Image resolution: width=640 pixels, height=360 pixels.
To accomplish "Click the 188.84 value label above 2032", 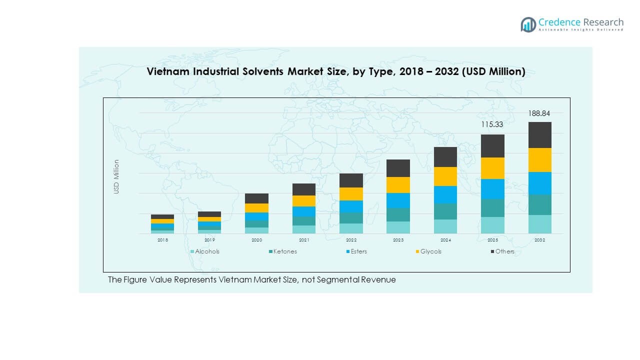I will [539, 113].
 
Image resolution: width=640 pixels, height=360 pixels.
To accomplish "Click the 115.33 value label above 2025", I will [492, 125].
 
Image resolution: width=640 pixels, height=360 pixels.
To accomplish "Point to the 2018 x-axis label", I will [162, 240].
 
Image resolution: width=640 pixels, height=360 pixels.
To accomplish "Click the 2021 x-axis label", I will [304, 240].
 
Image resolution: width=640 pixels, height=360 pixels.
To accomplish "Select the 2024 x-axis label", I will [445, 240].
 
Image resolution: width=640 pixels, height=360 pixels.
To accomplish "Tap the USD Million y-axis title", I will [116, 176].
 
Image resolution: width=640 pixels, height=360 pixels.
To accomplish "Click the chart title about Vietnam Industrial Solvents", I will [335, 71].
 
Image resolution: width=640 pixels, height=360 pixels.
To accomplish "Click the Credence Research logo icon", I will [528, 24].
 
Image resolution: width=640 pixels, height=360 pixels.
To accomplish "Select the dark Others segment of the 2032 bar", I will [539, 135].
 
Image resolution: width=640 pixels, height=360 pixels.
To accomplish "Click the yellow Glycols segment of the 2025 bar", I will [492, 168].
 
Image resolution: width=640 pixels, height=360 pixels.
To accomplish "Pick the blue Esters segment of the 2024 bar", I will [445, 194].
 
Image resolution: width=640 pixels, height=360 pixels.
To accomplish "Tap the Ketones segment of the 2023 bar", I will [398, 214].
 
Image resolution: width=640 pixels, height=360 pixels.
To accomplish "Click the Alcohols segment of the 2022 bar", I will [351, 228].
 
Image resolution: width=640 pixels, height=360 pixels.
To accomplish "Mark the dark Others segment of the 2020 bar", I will [256, 198].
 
